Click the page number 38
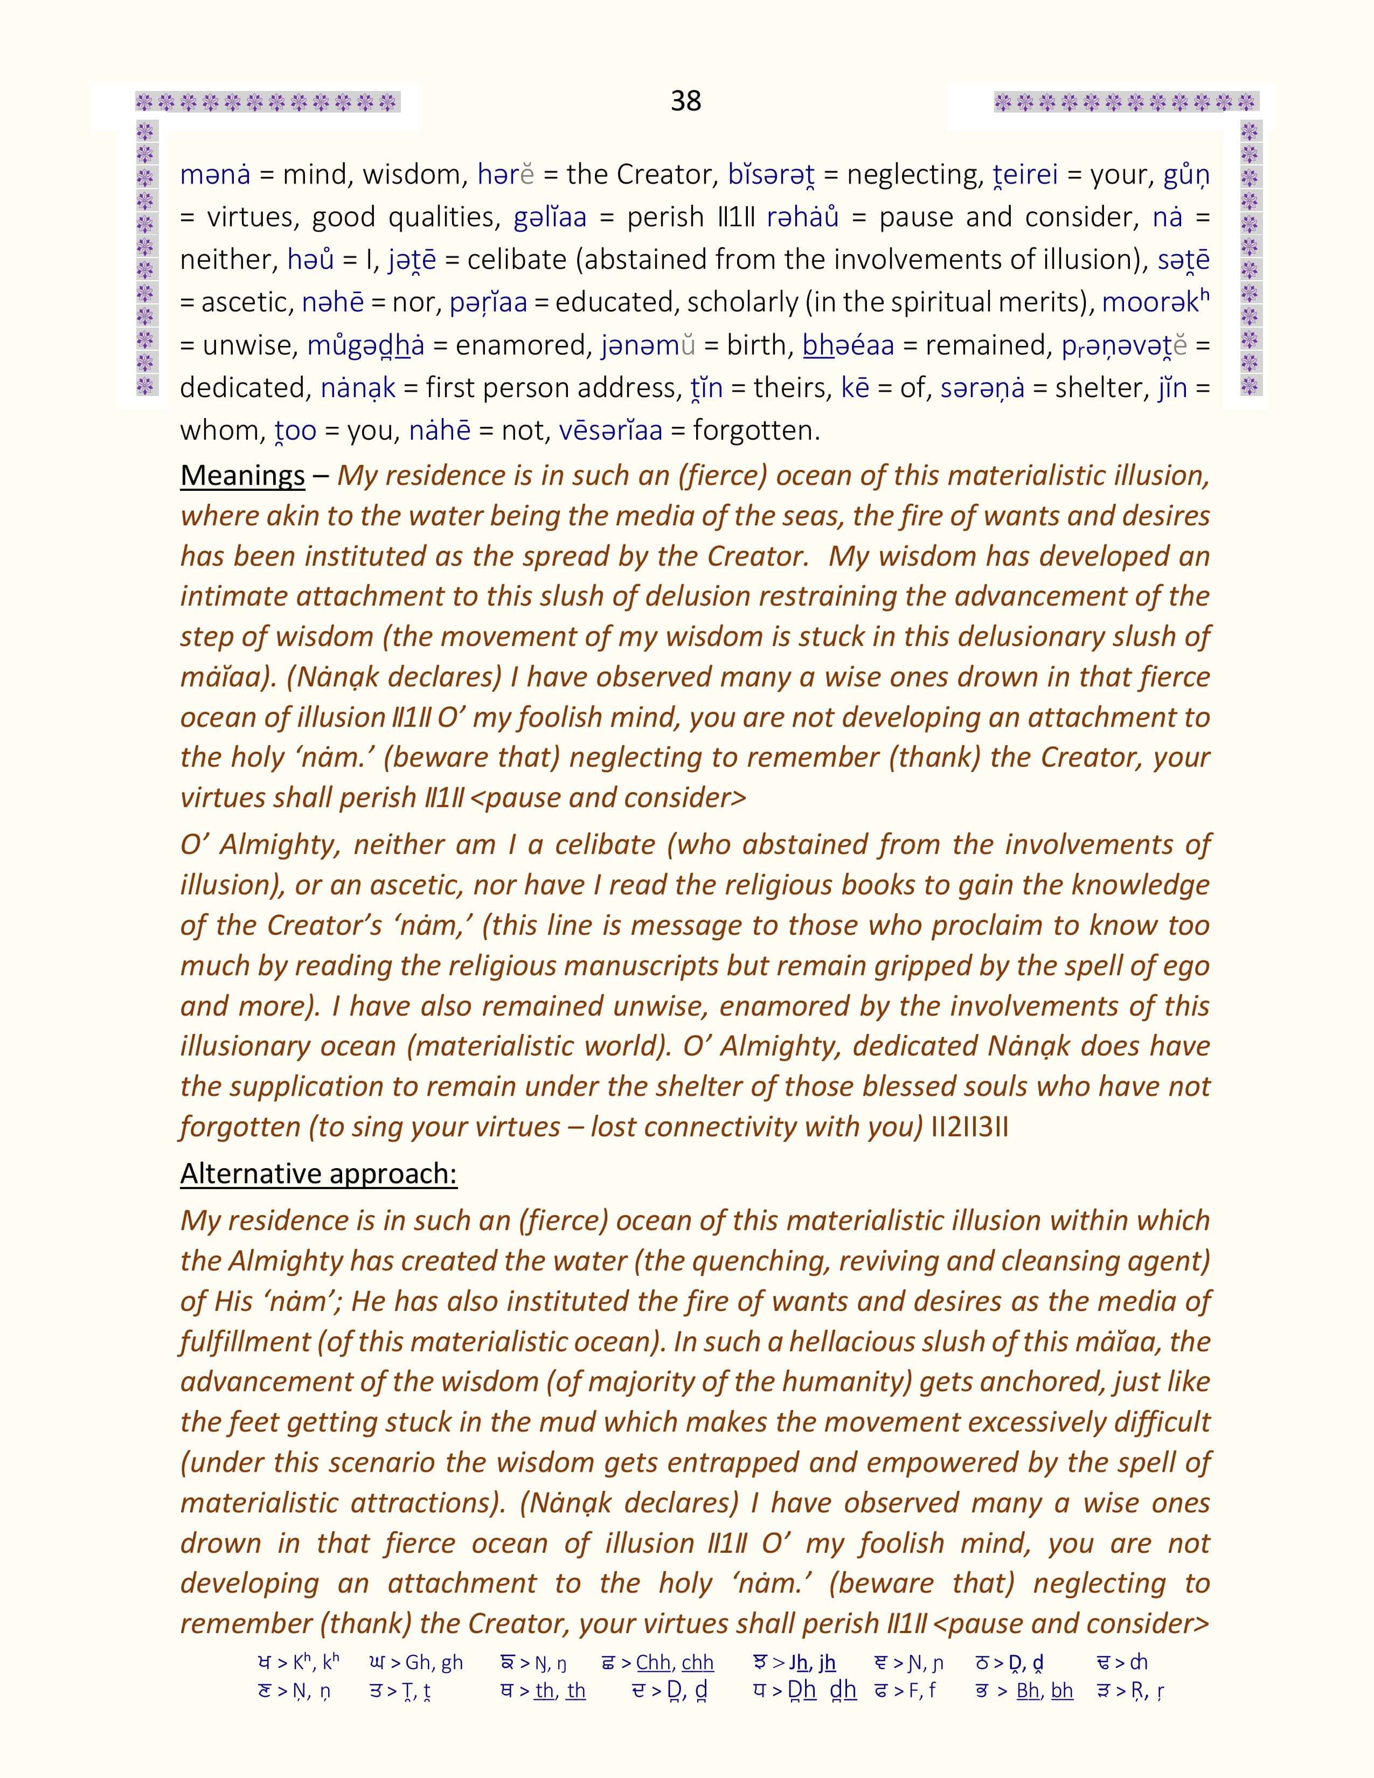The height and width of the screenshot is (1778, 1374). [685, 101]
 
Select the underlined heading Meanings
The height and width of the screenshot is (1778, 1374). [242, 475]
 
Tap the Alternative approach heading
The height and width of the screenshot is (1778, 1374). [318, 1173]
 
